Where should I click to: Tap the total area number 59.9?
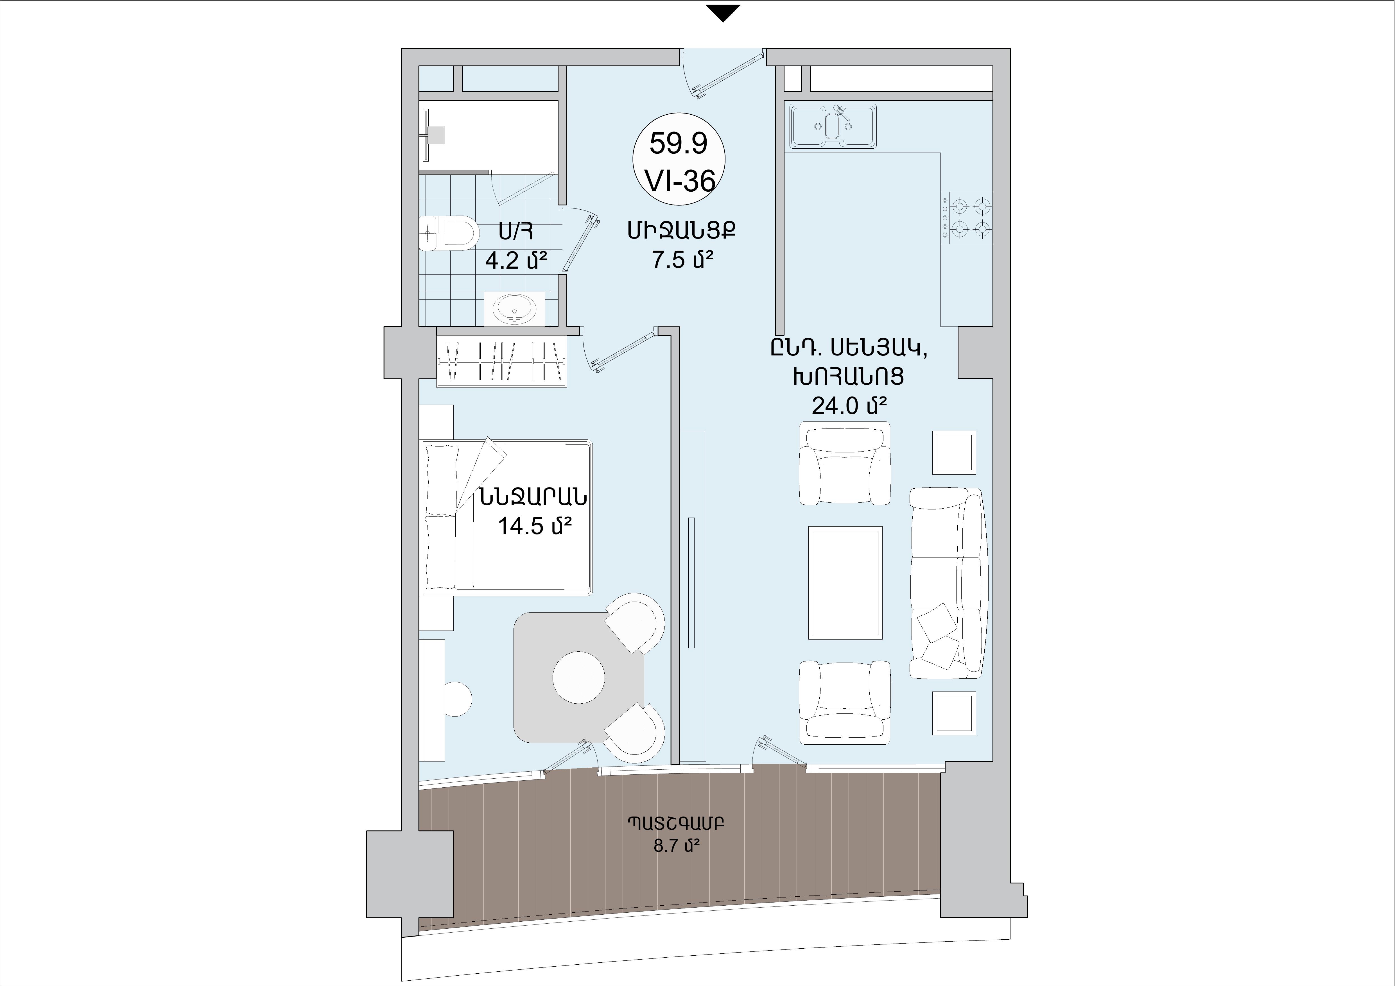click(679, 143)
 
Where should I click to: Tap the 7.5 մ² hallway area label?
click(682, 260)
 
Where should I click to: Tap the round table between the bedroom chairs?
click(578, 677)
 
